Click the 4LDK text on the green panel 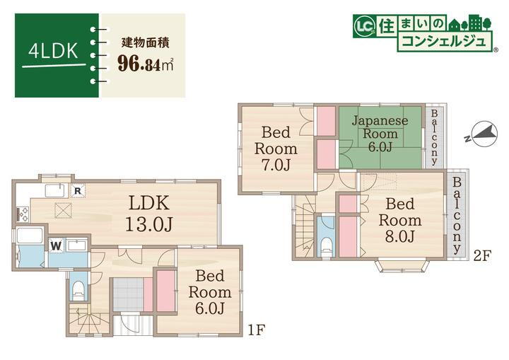coord(53,51)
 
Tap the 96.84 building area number coord(139,64)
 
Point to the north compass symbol coord(483,134)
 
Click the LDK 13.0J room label coord(149,214)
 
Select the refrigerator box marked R coord(78,191)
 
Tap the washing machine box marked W coord(56,245)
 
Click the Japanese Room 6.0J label coord(380,134)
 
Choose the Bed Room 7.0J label coord(276,149)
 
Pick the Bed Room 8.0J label coord(400,220)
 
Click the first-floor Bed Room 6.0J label coord(210,292)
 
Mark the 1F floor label coord(257,330)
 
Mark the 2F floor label coord(483,256)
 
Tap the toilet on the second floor coord(326,248)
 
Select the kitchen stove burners coord(23,214)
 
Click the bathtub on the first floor coord(30,235)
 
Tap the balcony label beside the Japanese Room coord(434,138)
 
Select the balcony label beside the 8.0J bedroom coord(457,216)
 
